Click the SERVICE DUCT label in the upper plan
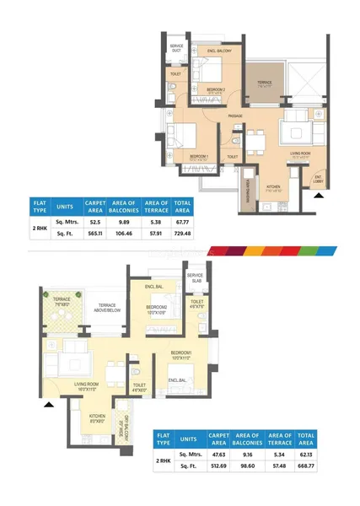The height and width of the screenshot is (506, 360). click(176, 46)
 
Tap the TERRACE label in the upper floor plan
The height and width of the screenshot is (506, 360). click(264, 83)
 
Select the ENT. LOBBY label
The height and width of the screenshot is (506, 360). click(318, 180)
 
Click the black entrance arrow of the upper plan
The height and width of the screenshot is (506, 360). click(318, 194)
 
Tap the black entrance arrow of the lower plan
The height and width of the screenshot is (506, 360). click(49, 405)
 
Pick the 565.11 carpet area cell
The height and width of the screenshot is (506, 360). click(94, 233)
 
